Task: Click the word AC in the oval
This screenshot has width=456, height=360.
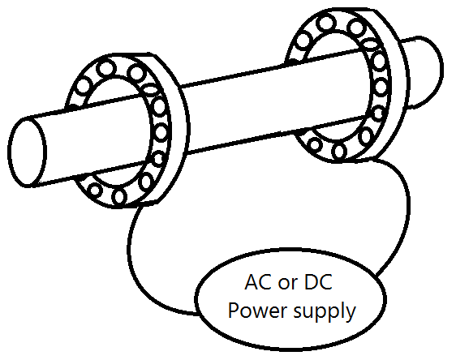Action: [257, 282]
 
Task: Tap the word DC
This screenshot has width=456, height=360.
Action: [318, 282]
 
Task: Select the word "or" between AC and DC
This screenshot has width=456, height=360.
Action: [288, 284]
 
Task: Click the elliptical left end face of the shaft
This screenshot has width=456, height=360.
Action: [27, 152]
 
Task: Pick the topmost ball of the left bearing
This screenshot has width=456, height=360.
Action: [105, 69]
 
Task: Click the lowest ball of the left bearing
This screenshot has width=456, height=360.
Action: [119, 197]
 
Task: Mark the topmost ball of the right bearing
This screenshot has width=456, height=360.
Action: [325, 24]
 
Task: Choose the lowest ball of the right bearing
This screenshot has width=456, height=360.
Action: [339, 152]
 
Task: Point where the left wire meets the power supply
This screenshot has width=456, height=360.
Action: [198, 314]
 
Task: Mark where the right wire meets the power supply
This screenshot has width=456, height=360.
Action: [376, 274]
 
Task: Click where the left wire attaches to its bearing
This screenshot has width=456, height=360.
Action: [141, 206]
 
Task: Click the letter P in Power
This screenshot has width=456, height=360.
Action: [234, 310]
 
